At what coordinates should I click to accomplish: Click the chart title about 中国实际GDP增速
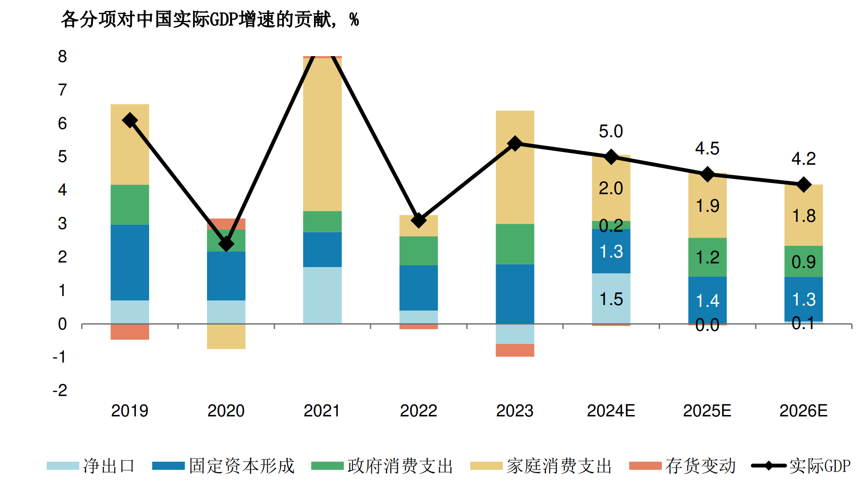(209, 19)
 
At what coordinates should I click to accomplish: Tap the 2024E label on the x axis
(611, 411)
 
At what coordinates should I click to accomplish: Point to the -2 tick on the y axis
(60, 391)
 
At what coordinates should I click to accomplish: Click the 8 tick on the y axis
(62, 57)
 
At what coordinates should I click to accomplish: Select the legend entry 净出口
(91, 466)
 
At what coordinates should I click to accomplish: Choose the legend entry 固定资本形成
(223, 466)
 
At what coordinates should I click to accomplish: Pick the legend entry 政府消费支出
(382, 466)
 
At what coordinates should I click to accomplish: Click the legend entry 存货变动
(682, 466)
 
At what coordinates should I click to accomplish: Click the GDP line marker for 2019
(130, 120)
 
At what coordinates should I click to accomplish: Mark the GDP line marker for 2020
(226, 244)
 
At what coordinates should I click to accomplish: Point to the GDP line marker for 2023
(515, 144)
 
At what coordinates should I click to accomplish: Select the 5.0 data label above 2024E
(611, 132)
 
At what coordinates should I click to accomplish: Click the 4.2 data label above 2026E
(803, 159)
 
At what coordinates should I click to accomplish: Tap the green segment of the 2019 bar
(130, 205)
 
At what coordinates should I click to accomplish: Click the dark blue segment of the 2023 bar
(515, 293)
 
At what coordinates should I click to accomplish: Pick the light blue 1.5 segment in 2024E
(611, 299)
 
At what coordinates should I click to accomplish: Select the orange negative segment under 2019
(130, 332)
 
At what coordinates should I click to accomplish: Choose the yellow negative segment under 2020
(226, 336)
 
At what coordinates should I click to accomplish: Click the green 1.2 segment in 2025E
(707, 257)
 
